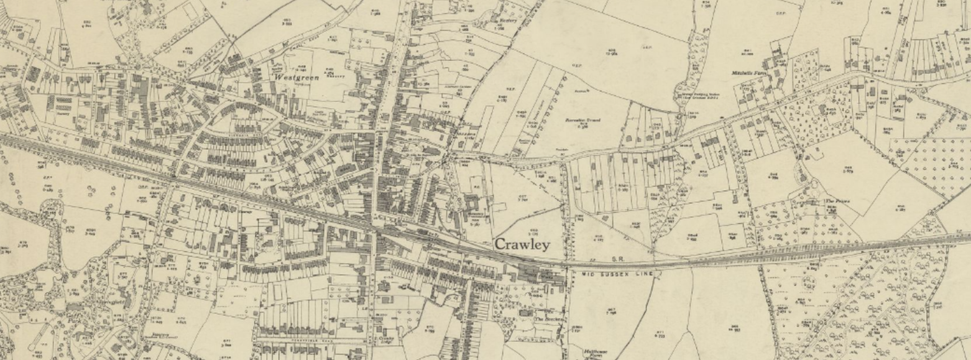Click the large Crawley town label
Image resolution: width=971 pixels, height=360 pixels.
[522, 244]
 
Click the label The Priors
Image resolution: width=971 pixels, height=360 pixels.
[837, 201]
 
